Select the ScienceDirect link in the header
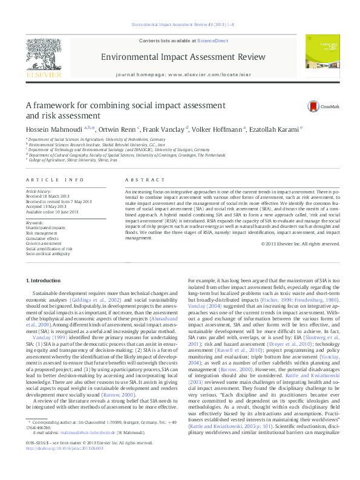click(212, 40)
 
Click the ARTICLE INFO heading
click(54, 180)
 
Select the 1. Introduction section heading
click(46, 282)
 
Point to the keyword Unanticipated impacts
click(46, 227)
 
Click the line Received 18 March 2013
click(48, 196)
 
